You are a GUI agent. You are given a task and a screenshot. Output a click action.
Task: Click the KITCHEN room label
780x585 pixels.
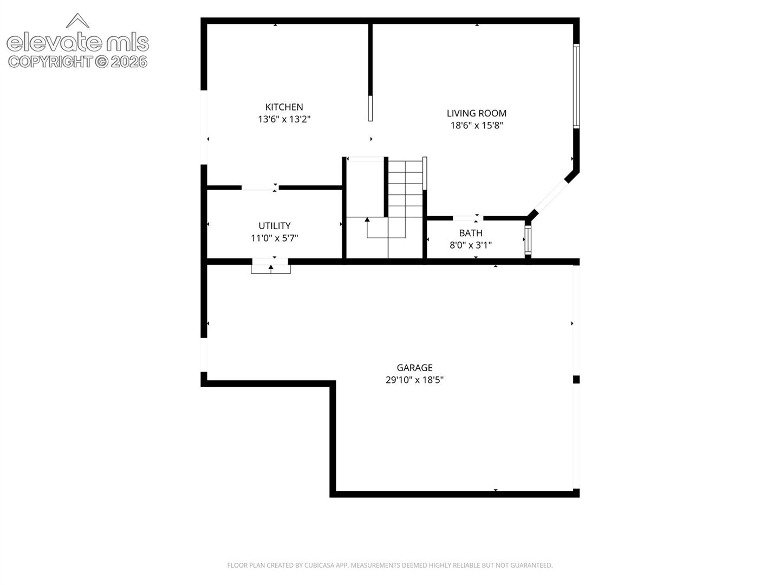click(x=284, y=107)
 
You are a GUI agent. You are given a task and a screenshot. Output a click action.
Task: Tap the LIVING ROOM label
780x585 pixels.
click(x=477, y=113)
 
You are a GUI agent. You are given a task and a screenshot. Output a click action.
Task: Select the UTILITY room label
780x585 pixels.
click(x=274, y=225)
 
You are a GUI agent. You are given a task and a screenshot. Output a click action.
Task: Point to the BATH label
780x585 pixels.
click(x=471, y=233)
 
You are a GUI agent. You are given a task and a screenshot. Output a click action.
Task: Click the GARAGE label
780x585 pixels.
click(x=414, y=368)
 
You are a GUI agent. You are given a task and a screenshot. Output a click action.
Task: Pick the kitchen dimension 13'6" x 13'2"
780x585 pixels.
click(x=284, y=119)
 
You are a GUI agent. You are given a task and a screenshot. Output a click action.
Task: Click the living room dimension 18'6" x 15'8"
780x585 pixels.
click(x=477, y=125)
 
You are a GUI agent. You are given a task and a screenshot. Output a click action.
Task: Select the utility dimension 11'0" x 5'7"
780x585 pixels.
click(x=274, y=238)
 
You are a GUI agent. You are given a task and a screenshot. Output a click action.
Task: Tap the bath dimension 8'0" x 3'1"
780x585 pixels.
click(x=471, y=245)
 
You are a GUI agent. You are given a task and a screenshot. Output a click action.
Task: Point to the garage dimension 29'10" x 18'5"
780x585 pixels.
click(x=414, y=380)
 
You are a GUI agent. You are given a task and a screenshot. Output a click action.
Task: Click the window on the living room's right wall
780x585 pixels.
click(x=576, y=86)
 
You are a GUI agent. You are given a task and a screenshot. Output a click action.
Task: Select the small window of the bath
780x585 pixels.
click(x=528, y=240)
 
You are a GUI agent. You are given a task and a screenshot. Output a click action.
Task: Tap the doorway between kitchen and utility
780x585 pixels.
click(x=260, y=188)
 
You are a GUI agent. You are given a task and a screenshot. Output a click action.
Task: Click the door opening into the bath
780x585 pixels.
click(x=468, y=218)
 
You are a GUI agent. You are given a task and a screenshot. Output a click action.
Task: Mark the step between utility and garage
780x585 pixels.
click(x=271, y=269)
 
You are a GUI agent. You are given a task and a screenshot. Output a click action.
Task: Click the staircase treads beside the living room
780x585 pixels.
click(x=405, y=188)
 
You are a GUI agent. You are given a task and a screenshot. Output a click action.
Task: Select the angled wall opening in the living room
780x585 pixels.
click(x=550, y=196)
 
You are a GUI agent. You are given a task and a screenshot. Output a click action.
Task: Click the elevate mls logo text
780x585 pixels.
click(x=77, y=42)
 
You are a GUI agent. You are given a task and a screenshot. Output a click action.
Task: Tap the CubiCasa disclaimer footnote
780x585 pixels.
click(x=390, y=565)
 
